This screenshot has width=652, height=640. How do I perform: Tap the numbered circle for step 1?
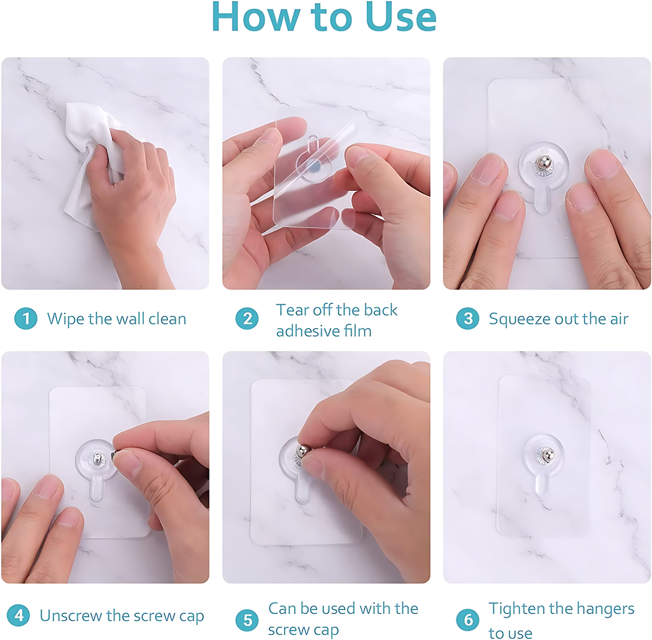click(25, 318)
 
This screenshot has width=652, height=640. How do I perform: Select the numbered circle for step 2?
click(247, 318)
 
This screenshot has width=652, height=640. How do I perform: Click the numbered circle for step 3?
click(467, 318)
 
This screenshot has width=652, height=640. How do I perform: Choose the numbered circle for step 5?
click(247, 619)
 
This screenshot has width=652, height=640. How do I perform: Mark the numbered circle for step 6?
click(467, 619)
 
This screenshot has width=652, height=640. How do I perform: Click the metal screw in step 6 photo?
click(547, 454)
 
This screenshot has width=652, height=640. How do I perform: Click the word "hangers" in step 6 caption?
click(602, 609)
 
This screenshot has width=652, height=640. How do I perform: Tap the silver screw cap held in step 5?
click(304, 452)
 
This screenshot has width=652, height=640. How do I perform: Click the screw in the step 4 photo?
click(97, 457)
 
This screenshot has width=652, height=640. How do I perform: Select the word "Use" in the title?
click(401, 17)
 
